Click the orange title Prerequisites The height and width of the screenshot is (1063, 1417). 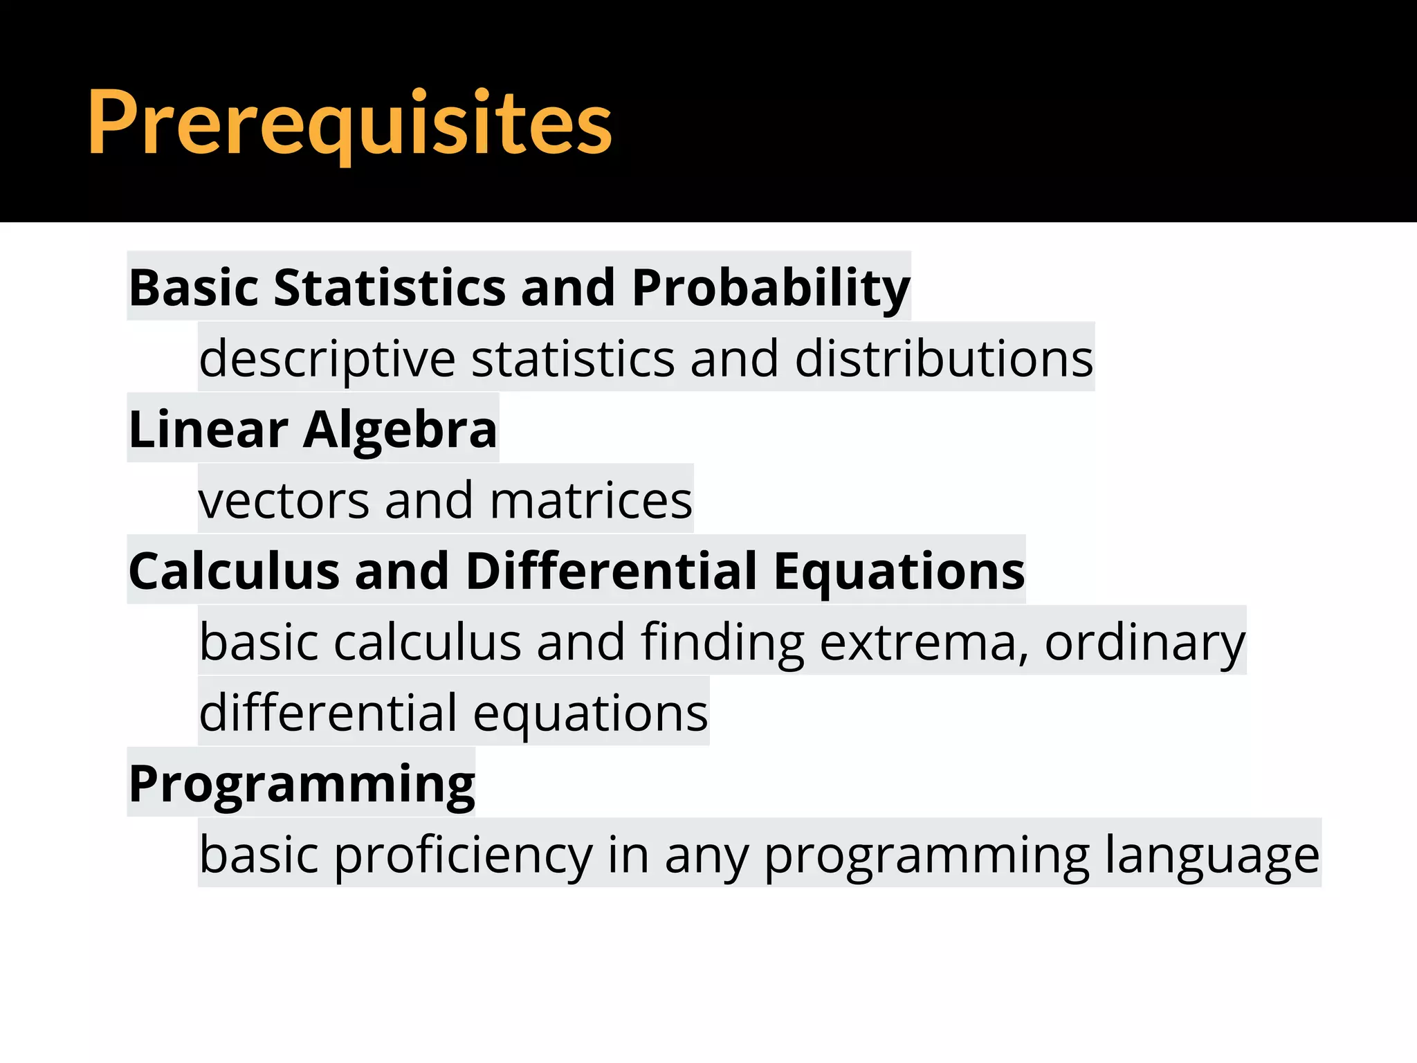pyautogui.click(x=349, y=123)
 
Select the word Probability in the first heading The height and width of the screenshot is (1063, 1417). pyautogui.click(x=770, y=287)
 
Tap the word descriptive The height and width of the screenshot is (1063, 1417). pyautogui.click(x=327, y=358)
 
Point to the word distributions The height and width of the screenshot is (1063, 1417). pyautogui.click(x=944, y=358)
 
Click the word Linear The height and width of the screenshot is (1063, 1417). pyautogui.click(x=208, y=429)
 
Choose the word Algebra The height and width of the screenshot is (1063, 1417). pyautogui.click(x=400, y=430)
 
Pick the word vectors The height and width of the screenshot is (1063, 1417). pyautogui.click(x=284, y=500)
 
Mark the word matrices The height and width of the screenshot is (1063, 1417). pyautogui.click(x=591, y=500)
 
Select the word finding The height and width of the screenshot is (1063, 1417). pyautogui.click(x=722, y=642)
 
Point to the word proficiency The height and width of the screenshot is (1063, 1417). pyautogui.click(x=464, y=855)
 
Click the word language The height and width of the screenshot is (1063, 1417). pyautogui.click(x=1212, y=855)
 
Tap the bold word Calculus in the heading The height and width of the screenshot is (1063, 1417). pyautogui.click(x=234, y=572)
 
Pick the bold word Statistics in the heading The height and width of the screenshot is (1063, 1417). pyautogui.click(x=390, y=287)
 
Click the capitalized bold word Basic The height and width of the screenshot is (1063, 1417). pyautogui.click(x=193, y=287)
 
